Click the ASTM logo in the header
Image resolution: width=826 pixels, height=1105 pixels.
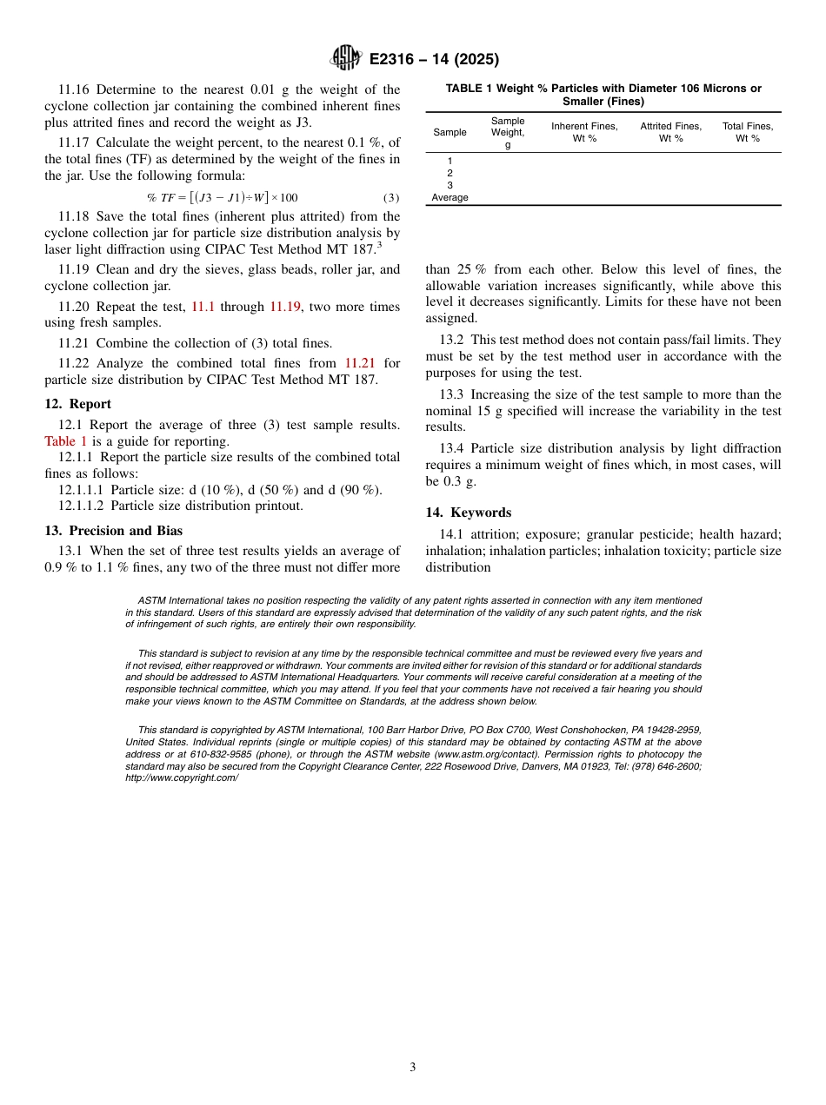346,58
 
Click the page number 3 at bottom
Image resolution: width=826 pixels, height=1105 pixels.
413,1067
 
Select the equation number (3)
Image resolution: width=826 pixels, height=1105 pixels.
391,197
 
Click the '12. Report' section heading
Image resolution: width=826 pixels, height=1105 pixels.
78,404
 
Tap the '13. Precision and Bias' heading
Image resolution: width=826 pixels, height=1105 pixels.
114,531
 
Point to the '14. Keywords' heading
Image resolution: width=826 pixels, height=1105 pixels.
469,513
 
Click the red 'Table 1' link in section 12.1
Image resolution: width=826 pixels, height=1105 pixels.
66,441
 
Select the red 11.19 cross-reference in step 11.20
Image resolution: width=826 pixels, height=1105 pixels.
285,307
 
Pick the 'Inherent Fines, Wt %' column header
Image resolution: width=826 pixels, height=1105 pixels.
584,132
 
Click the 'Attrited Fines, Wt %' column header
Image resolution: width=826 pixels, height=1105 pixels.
670,132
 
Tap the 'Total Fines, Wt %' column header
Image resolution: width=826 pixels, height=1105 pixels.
748,132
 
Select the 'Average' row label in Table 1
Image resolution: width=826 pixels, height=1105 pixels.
450,197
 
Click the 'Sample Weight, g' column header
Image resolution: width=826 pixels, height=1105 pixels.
508,133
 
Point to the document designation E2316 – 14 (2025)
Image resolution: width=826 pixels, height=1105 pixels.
434,60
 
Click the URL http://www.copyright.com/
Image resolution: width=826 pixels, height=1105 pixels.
182,778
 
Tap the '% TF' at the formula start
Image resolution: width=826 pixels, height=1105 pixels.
161,197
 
